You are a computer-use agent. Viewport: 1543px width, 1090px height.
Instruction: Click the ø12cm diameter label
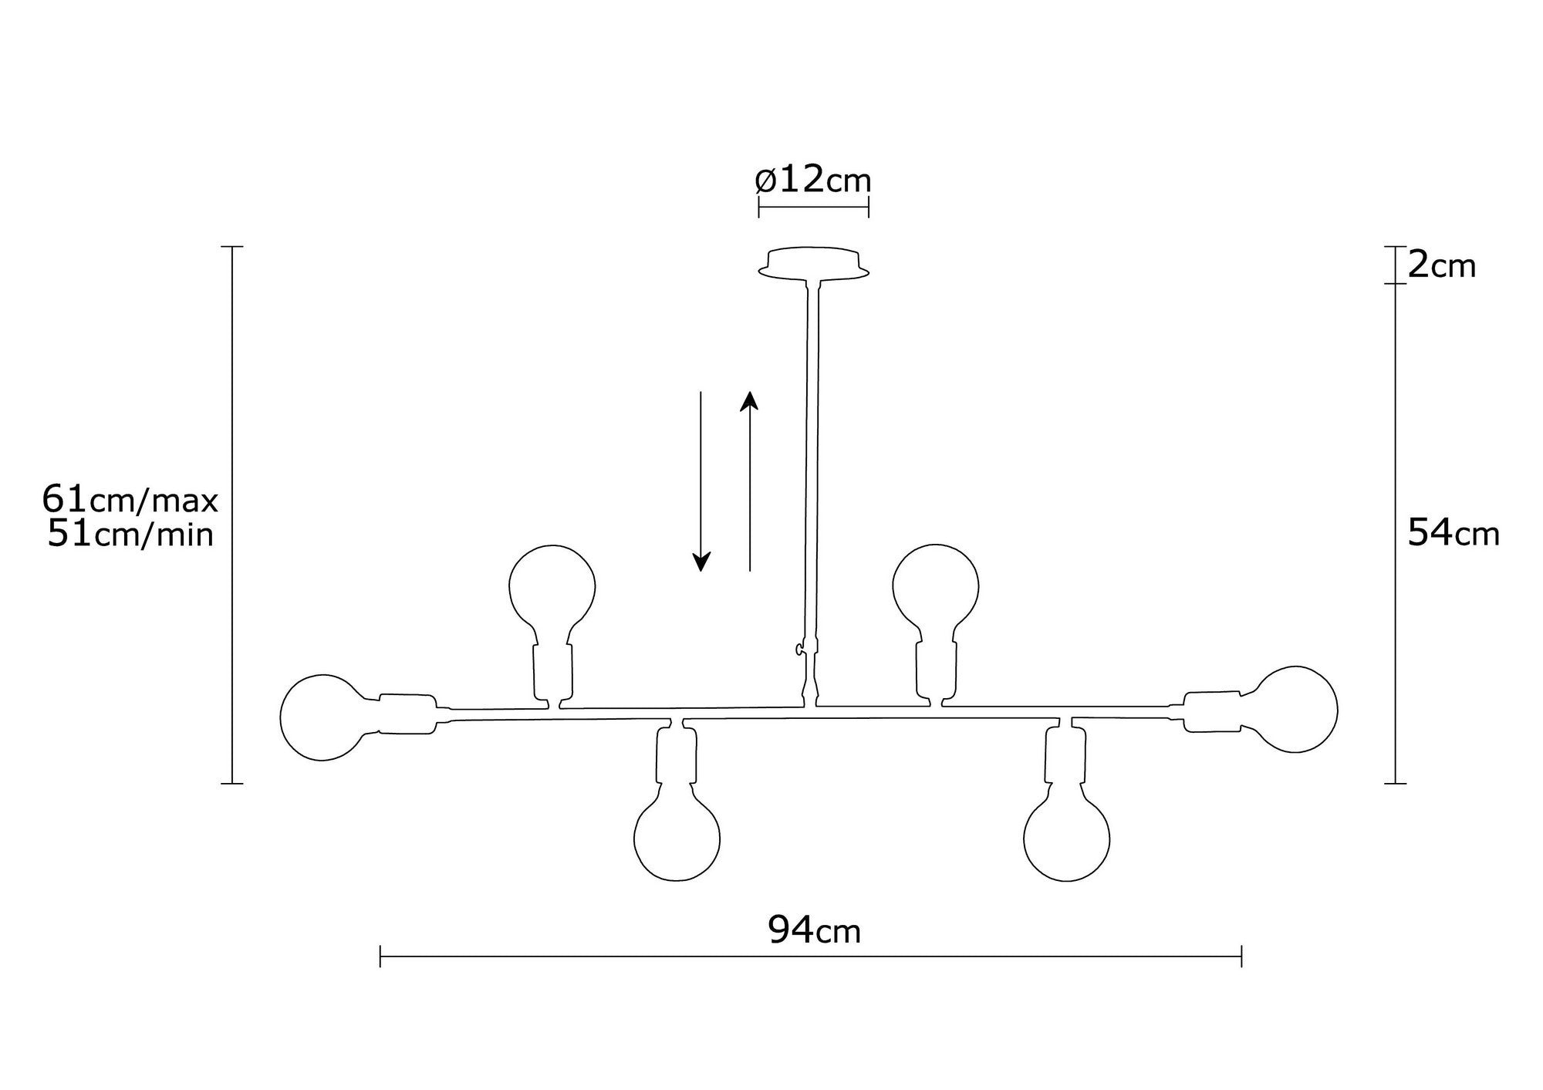(x=813, y=181)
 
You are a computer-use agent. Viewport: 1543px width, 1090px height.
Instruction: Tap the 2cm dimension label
(x=1441, y=266)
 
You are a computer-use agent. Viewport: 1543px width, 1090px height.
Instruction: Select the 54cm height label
(x=1453, y=533)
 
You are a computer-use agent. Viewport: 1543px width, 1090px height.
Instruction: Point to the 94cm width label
(x=814, y=931)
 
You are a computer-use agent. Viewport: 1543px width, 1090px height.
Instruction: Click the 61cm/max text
(x=130, y=501)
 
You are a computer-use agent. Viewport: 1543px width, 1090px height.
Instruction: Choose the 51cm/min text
(x=130, y=534)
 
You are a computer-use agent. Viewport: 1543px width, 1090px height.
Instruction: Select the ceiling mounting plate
(x=814, y=262)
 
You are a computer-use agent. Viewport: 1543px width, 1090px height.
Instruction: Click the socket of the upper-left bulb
(x=553, y=670)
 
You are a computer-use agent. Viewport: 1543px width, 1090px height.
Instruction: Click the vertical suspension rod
(x=812, y=463)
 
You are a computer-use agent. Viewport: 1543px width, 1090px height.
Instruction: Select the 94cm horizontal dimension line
(x=810, y=957)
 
